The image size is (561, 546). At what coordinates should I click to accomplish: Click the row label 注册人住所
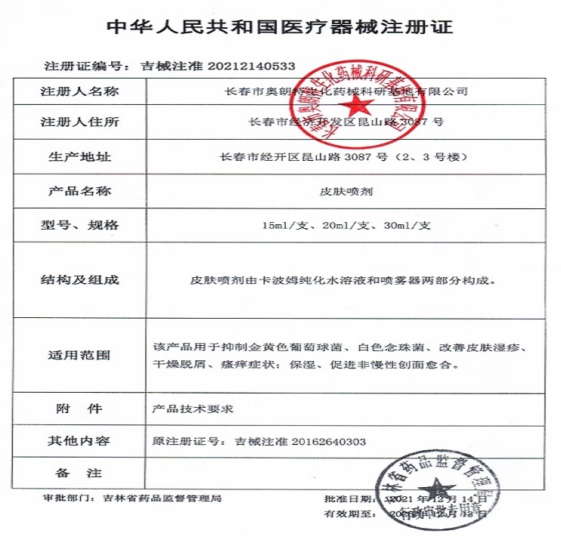(x=79, y=122)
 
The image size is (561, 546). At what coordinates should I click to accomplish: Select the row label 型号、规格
(x=79, y=225)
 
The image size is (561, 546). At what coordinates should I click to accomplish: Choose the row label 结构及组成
(x=79, y=280)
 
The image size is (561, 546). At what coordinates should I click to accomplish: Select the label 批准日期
(x=348, y=500)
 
